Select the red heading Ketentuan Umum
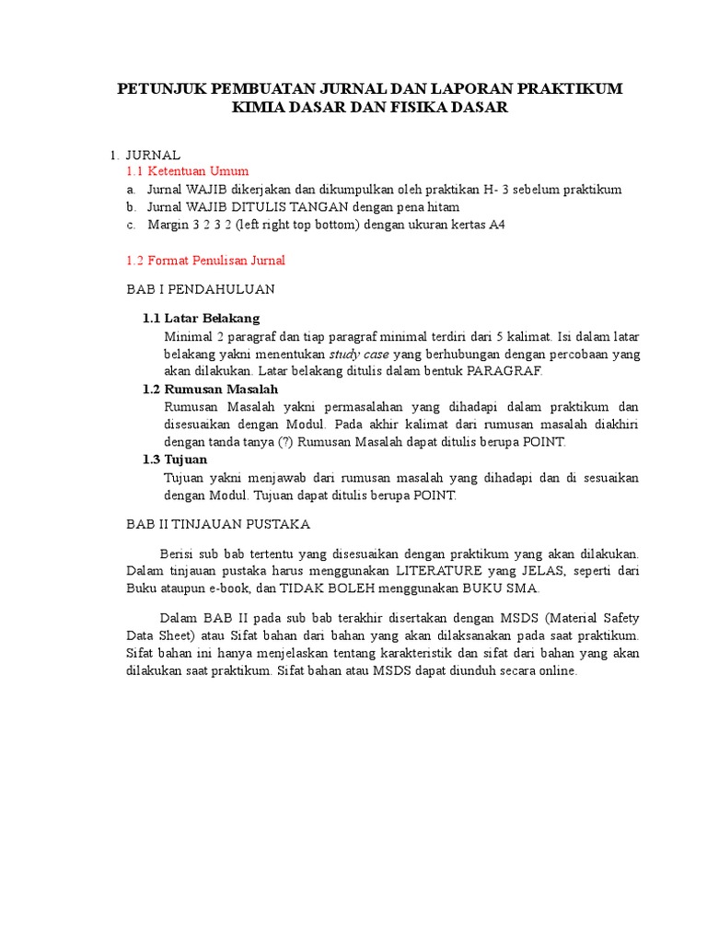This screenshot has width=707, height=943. coord(200,171)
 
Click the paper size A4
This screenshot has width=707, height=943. coord(496,225)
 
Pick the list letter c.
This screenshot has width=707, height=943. coord(132,225)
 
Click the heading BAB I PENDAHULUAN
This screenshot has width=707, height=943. coord(201,289)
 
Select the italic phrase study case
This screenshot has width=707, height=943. coord(359,354)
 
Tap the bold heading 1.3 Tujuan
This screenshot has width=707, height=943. coord(175,460)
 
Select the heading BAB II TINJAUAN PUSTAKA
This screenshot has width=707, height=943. coord(218,524)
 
